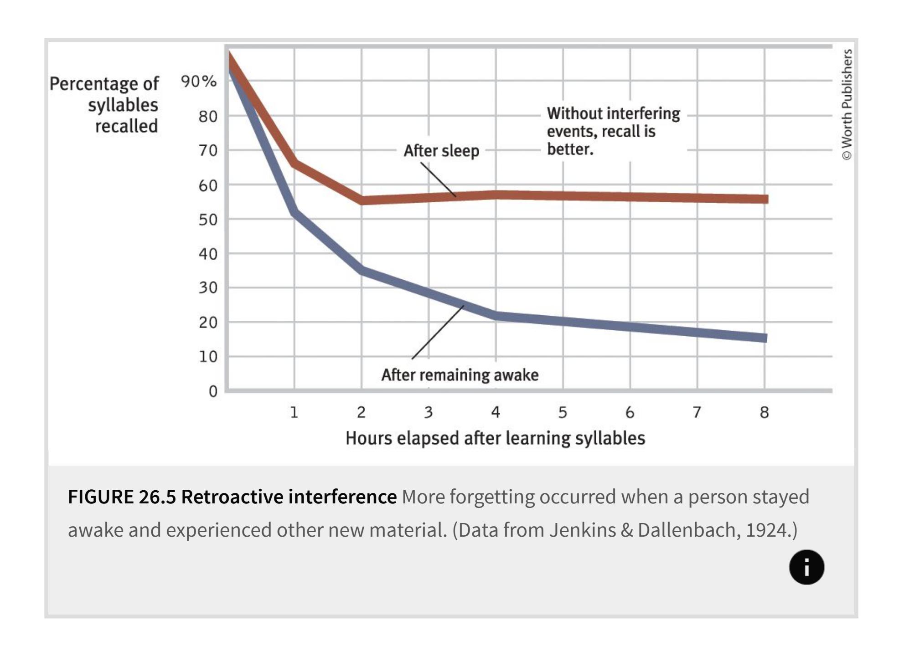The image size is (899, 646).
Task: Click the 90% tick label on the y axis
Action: click(x=199, y=82)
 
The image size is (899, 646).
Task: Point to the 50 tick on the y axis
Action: click(x=208, y=220)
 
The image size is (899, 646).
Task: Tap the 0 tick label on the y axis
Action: click(x=213, y=391)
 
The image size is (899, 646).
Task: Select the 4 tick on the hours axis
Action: click(x=496, y=412)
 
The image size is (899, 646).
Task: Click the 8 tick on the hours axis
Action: click(x=765, y=412)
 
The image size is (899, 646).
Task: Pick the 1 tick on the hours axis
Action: click(x=294, y=412)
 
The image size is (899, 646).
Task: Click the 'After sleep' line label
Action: click(x=441, y=151)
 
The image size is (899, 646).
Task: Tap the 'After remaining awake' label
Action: click(x=460, y=375)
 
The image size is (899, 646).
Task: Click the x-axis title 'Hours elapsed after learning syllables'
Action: click(x=495, y=438)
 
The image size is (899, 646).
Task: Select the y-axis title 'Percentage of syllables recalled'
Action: click(x=104, y=105)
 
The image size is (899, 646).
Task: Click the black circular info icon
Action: click(x=806, y=567)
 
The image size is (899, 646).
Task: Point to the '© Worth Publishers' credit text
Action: click(x=847, y=104)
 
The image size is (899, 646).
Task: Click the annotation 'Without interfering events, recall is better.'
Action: click(x=613, y=131)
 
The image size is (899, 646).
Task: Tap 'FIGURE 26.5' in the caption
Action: click(x=122, y=497)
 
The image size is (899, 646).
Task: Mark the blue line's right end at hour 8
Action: click(x=766, y=338)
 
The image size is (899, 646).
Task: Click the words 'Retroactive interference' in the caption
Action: click(x=289, y=497)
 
